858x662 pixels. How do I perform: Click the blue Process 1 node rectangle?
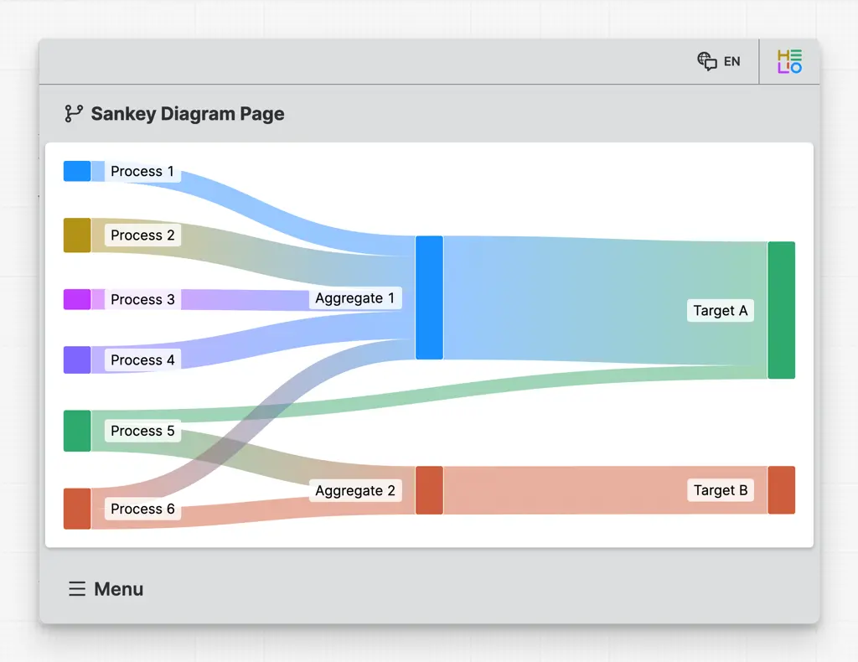click(77, 171)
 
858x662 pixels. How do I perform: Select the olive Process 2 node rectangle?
click(77, 235)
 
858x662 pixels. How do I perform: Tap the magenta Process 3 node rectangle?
click(77, 299)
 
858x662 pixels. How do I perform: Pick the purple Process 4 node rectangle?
click(77, 359)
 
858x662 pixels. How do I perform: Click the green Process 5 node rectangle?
click(77, 431)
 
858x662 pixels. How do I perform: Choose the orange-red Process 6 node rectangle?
click(77, 509)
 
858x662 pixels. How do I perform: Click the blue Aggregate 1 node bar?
click(429, 297)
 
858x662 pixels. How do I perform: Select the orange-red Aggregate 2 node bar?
click(429, 490)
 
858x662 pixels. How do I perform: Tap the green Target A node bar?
click(781, 310)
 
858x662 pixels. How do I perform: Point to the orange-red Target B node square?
click(781, 490)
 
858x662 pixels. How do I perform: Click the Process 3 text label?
click(142, 299)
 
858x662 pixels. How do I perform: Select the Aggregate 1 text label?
click(354, 298)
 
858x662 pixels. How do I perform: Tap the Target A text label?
click(720, 311)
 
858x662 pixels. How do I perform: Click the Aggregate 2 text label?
click(354, 491)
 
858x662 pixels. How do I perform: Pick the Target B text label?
click(720, 490)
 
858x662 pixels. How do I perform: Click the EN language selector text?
click(732, 61)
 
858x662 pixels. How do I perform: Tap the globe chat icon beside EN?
click(707, 61)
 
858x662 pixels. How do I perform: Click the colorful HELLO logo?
click(789, 61)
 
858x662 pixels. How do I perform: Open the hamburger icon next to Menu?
click(77, 589)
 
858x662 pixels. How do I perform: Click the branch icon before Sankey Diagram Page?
click(74, 114)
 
